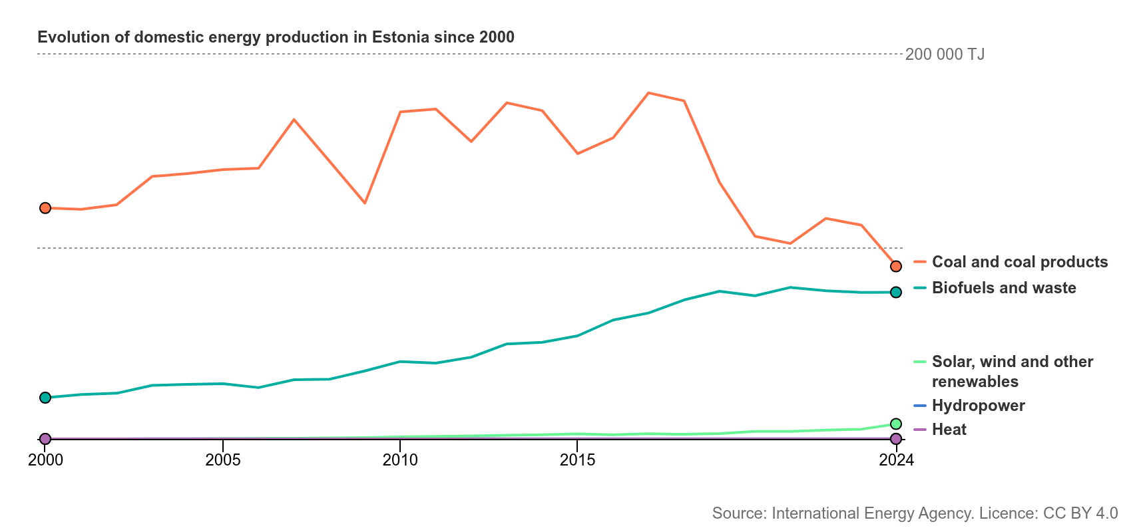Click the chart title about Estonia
(276, 37)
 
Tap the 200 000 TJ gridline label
(945, 55)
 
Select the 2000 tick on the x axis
(45, 460)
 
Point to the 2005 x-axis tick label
(223, 460)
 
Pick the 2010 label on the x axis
(400, 460)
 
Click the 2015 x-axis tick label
(578, 460)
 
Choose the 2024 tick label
(896, 460)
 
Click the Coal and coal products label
(1020, 262)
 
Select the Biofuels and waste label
(1004, 288)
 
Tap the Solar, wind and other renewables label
(1013, 371)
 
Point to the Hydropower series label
(979, 406)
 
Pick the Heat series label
(949, 430)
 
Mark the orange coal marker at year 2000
(45, 208)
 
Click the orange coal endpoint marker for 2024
(896, 266)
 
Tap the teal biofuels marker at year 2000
(45, 398)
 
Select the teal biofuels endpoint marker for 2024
(896, 292)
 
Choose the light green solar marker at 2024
(896, 424)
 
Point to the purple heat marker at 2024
(896, 439)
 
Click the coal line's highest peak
(648, 93)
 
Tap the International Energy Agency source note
(915, 513)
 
